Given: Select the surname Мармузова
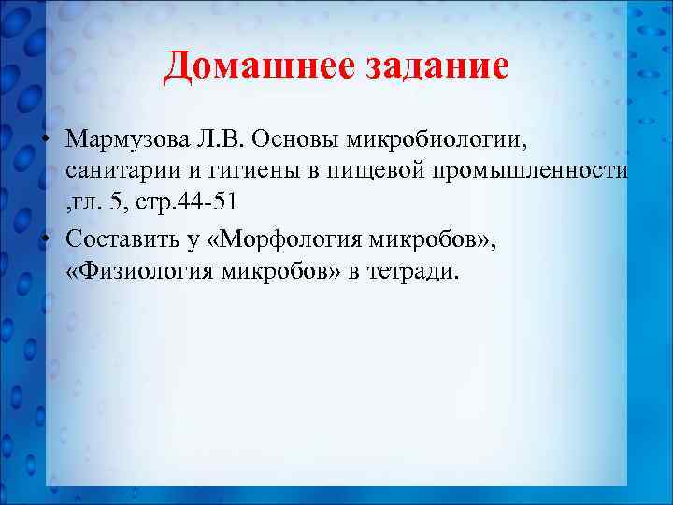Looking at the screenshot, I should [x=128, y=139].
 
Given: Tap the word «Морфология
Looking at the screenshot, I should [x=287, y=239].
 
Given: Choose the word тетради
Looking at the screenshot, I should [x=417, y=273].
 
